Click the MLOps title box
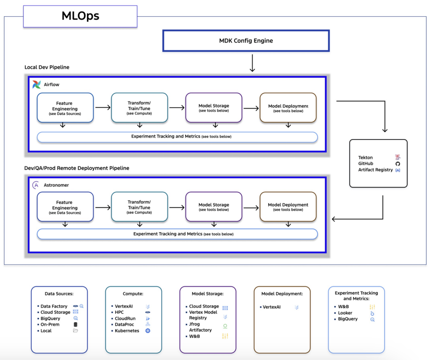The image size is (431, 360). (x=80, y=16)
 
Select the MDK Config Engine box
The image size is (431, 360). (x=246, y=40)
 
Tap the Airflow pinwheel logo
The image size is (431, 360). (x=37, y=85)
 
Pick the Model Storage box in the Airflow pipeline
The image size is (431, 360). (x=214, y=108)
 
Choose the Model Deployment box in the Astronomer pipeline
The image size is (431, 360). (x=288, y=207)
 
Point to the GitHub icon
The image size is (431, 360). (x=398, y=164)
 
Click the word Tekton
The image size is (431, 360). (x=365, y=157)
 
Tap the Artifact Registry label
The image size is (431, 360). (x=375, y=170)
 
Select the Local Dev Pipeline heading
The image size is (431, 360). (x=47, y=67)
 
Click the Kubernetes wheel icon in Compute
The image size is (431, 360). (x=148, y=331)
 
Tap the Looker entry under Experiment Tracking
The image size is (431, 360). (x=345, y=313)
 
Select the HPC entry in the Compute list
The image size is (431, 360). (x=119, y=312)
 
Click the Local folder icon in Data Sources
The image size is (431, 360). (x=76, y=331)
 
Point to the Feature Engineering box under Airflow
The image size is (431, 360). (x=65, y=108)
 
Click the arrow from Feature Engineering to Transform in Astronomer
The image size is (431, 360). (x=103, y=207)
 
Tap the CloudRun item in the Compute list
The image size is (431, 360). (x=125, y=318)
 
